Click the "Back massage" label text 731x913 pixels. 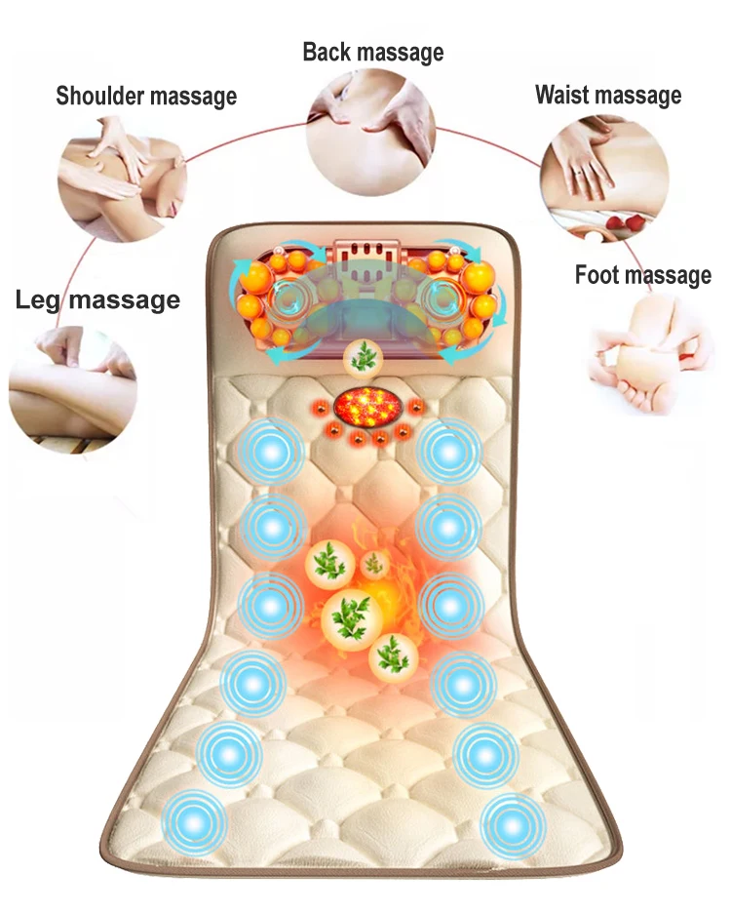(x=372, y=52)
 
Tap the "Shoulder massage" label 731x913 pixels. (x=146, y=96)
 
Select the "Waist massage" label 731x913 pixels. (x=607, y=95)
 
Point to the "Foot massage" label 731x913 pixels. (x=642, y=275)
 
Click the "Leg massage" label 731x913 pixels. (x=97, y=299)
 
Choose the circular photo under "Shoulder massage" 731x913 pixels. (x=122, y=180)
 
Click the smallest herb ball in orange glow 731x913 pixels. (x=372, y=564)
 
